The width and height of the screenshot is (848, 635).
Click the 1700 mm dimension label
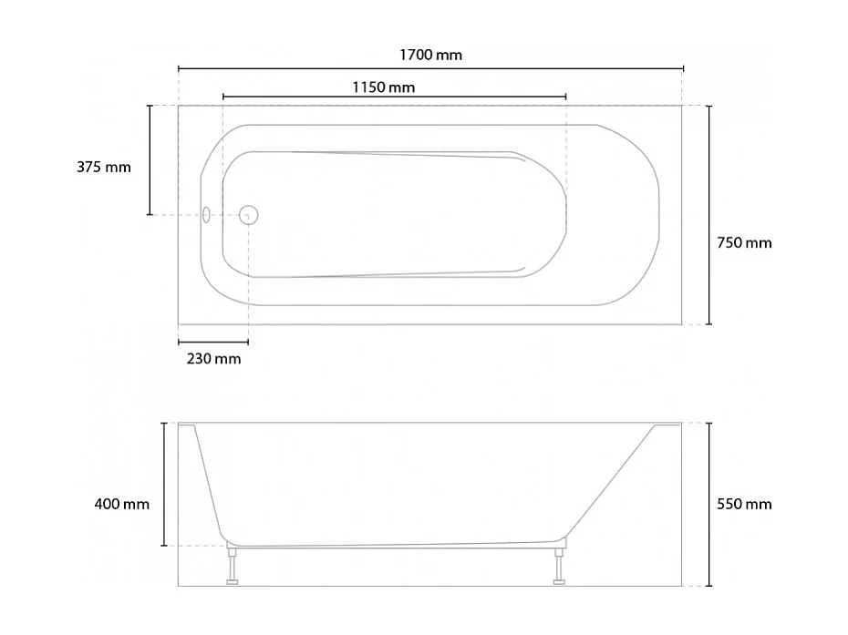click(x=430, y=55)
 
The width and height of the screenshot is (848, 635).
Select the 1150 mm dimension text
click(x=383, y=87)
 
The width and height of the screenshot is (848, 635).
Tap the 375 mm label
click(x=104, y=168)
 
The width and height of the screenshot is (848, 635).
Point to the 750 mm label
click(x=744, y=242)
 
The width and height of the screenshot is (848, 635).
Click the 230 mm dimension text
click(x=213, y=359)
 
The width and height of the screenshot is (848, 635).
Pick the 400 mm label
click(x=121, y=504)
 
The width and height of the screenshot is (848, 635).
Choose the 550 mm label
click(x=744, y=504)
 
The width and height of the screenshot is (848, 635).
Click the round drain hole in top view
click(x=249, y=215)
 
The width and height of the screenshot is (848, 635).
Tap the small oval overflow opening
click(x=206, y=215)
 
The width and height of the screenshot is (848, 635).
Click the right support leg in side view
click(x=558, y=565)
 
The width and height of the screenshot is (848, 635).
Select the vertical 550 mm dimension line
click(x=709, y=547)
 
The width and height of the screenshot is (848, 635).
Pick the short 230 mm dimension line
click(x=212, y=343)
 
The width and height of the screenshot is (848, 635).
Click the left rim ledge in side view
click(x=187, y=425)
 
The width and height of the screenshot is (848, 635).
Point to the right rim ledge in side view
click(x=667, y=425)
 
